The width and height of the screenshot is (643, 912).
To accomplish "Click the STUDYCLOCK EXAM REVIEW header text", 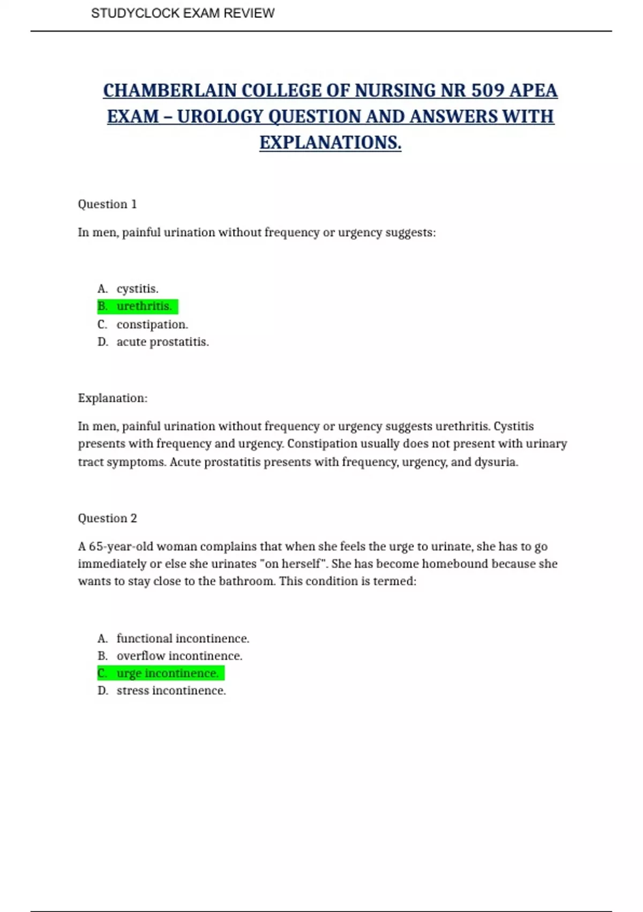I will pyautogui.click(x=183, y=13).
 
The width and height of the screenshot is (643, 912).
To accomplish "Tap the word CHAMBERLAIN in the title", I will pyautogui.click(x=170, y=91).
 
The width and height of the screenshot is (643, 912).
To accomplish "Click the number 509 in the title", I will pyautogui.click(x=488, y=91).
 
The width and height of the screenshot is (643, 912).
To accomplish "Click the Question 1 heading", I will pyautogui.click(x=107, y=204).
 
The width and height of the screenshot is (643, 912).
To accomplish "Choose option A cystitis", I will pyautogui.click(x=137, y=289).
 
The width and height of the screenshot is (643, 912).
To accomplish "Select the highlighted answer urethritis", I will pyautogui.click(x=144, y=306).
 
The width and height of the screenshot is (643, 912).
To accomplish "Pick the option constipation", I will pyautogui.click(x=152, y=325).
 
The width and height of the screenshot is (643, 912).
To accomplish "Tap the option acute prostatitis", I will pyautogui.click(x=162, y=342).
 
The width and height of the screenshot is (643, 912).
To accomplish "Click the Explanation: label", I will pyautogui.click(x=113, y=398).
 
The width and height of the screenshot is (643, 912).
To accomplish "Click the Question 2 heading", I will pyautogui.click(x=107, y=518).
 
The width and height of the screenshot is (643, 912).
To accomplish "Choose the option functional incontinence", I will pyautogui.click(x=182, y=638).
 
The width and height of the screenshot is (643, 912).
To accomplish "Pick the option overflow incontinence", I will pyautogui.click(x=179, y=656).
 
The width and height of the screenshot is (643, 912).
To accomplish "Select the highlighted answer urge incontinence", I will pyautogui.click(x=167, y=673).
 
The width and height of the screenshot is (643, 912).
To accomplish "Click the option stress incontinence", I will pyautogui.click(x=171, y=690).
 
